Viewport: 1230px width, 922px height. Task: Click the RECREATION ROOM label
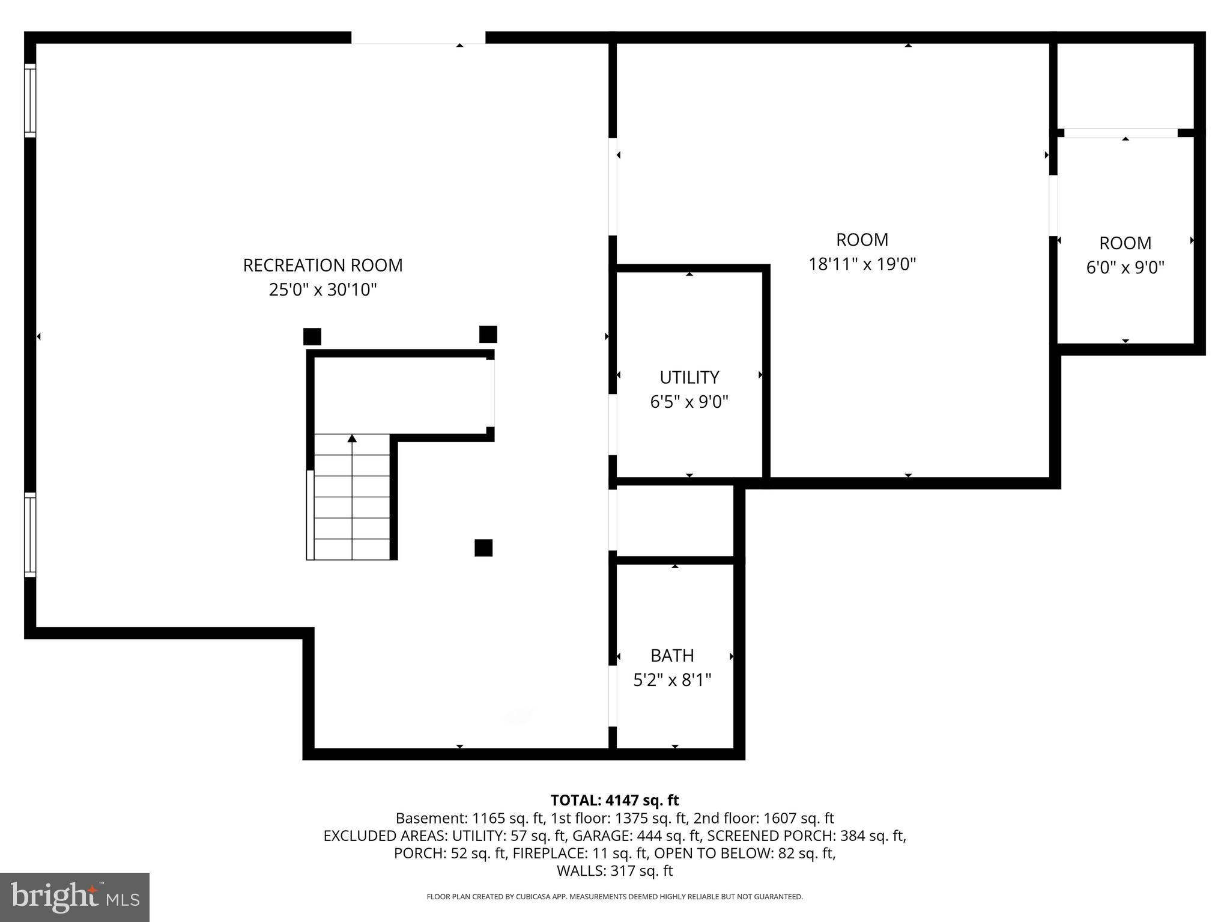click(323, 265)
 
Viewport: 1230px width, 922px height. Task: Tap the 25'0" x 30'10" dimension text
click(323, 290)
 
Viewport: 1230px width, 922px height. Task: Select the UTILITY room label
click(689, 377)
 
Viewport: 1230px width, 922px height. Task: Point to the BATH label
click(672, 655)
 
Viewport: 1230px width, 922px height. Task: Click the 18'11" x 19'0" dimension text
click(862, 264)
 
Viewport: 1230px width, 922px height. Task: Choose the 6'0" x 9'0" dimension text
click(1125, 267)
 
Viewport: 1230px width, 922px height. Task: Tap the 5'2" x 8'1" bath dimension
click(672, 680)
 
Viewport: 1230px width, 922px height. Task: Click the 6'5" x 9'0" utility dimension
click(689, 402)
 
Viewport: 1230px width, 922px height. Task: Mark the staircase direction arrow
click(352, 439)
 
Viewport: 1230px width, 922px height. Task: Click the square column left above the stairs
click(312, 336)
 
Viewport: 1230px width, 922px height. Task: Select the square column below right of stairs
click(483, 548)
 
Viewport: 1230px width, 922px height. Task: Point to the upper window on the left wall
click(30, 100)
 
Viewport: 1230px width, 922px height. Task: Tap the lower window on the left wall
click(30, 535)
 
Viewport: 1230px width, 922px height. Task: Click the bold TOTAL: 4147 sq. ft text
click(614, 800)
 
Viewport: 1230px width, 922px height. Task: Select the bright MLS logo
click(74, 897)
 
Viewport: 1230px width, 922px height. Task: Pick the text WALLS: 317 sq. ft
click(614, 870)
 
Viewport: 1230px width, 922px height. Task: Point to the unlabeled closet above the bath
click(675, 521)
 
